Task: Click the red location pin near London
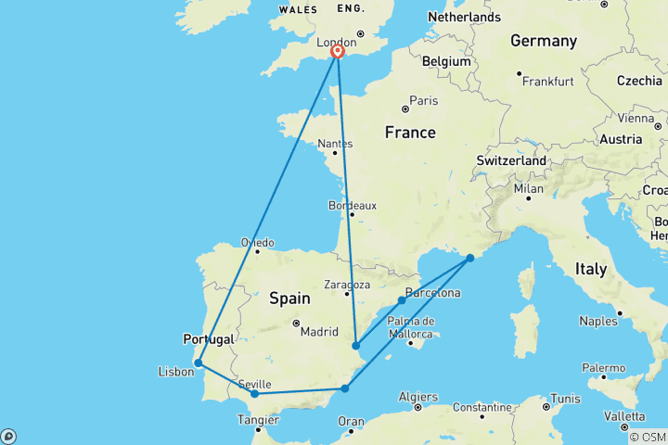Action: pyautogui.click(x=338, y=53)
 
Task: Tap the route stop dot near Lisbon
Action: pyautogui.click(x=199, y=363)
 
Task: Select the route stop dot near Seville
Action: pyautogui.click(x=255, y=394)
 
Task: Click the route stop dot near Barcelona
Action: pyautogui.click(x=402, y=300)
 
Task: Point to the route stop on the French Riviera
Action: pyautogui.click(x=470, y=258)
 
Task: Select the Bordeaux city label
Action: pyautogui.click(x=353, y=205)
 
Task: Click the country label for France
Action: pyautogui.click(x=410, y=133)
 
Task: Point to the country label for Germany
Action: pyautogui.click(x=544, y=41)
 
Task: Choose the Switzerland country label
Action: pyautogui.click(x=511, y=160)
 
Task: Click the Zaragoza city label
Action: pyautogui.click(x=348, y=285)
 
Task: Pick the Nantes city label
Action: pyautogui.click(x=335, y=144)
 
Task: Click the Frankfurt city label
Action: pyautogui.click(x=547, y=82)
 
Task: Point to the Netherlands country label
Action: pyautogui.click(x=464, y=17)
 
